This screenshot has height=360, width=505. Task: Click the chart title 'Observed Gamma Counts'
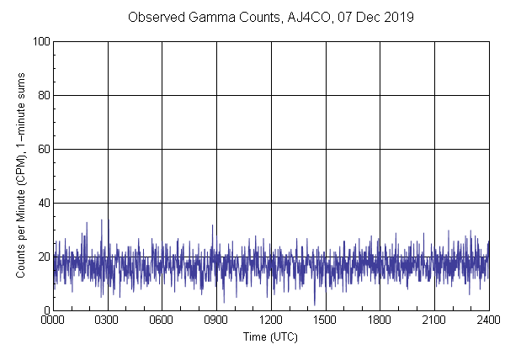[194, 17]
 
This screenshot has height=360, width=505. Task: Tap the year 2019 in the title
[396, 17]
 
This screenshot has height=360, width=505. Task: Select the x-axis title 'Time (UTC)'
[270, 337]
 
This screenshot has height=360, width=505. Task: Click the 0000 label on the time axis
[53, 320]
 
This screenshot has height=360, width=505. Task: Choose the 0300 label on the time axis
[108, 320]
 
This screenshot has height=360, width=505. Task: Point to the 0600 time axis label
[162, 320]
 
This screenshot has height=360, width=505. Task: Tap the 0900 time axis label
[216, 320]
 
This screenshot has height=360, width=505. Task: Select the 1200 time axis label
[271, 320]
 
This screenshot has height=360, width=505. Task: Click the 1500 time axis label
[325, 320]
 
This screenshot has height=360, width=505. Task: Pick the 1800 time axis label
[380, 320]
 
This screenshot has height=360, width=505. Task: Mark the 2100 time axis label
[434, 320]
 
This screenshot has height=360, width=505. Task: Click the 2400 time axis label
[487, 320]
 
